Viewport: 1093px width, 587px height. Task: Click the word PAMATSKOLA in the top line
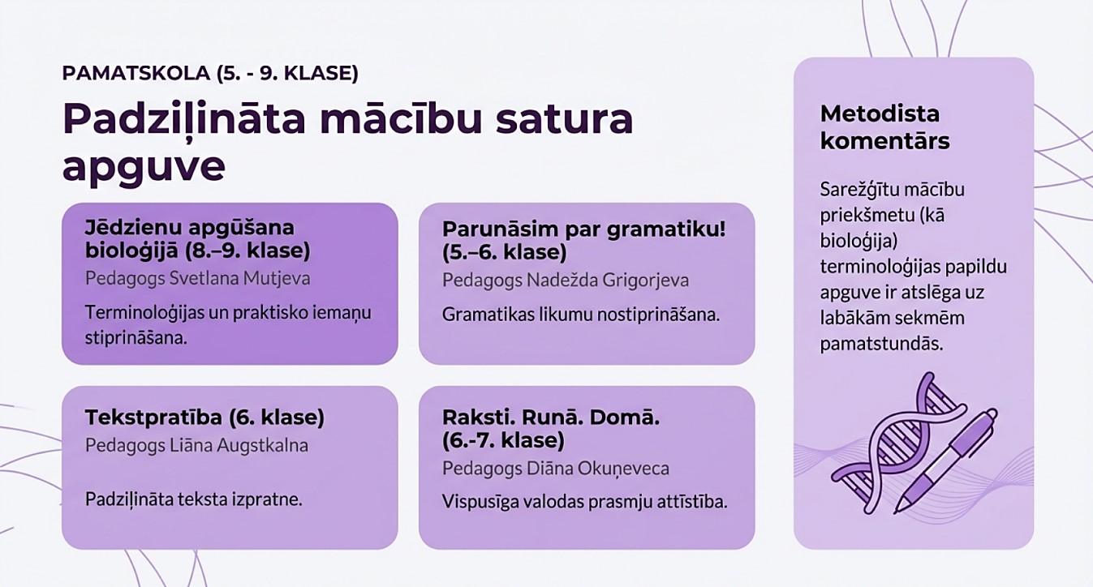coord(136,73)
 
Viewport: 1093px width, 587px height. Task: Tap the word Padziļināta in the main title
coord(184,121)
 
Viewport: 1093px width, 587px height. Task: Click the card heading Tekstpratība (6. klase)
coord(205,418)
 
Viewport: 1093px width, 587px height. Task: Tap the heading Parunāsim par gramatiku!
coord(584,229)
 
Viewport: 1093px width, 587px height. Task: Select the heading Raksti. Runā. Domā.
coord(551,418)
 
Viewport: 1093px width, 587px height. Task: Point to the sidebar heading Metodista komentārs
coord(884,128)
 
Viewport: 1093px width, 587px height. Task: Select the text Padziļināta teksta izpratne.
coord(194,499)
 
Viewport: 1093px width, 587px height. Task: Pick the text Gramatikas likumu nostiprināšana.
coord(581,315)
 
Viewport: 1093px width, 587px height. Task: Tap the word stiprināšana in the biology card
coord(136,338)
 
